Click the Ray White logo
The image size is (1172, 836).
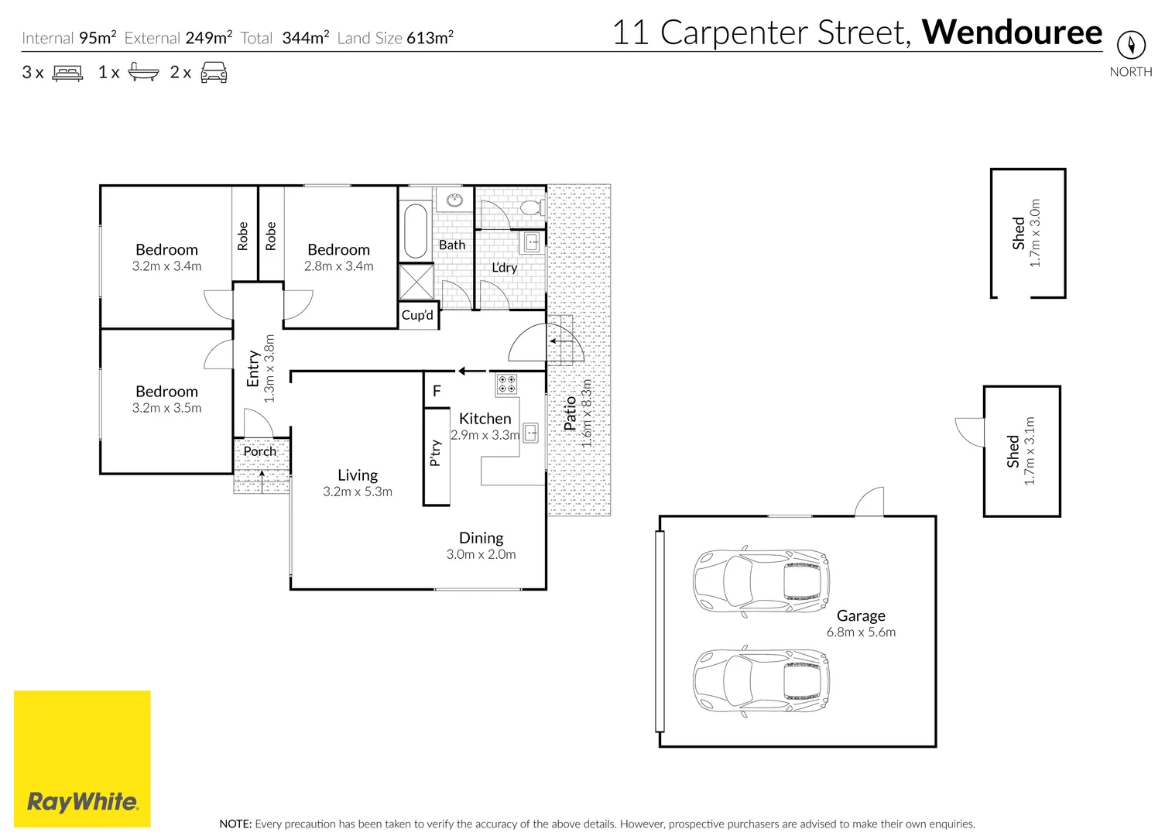(82, 759)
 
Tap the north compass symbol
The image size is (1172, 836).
(1131, 45)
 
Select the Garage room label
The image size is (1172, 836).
(861, 615)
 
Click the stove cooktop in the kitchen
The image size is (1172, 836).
(506, 383)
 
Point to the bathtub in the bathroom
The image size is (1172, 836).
(416, 231)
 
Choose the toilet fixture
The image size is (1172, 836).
(532, 207)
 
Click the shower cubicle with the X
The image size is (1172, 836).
(416, 282)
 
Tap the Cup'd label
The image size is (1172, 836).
(417, 315)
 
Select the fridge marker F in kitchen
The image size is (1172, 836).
(437, 390)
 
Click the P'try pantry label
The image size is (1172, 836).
(435, 453)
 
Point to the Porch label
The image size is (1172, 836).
(259, 451)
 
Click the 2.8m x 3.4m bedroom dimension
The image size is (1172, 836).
(338, 266)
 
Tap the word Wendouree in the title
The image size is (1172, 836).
(1012, 33)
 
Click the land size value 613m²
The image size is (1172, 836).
(430, 38)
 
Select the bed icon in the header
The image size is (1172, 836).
(67, 73)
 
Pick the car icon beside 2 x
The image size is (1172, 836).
(214, 73)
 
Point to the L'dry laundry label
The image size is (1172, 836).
(505, 267)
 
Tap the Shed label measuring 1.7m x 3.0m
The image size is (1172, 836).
(1018, 233)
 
